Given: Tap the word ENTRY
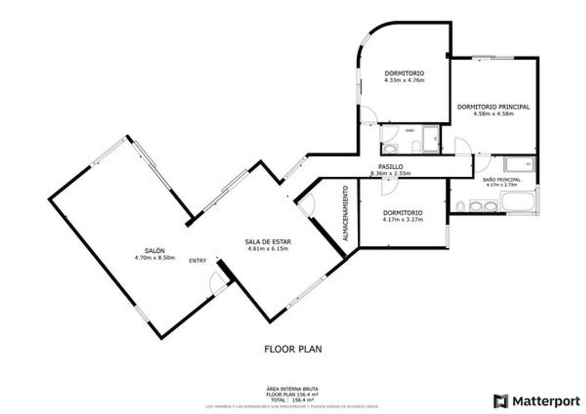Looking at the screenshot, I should point(197,261).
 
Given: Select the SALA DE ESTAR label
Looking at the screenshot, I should point(267,242).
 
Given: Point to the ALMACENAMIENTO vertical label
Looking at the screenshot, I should point(345,212).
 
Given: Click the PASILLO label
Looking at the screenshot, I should point(391,166).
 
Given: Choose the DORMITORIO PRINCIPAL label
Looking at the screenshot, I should point(493,106).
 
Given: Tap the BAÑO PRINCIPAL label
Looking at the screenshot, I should point(501,180).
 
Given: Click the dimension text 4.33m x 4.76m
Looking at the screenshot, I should point(404,80).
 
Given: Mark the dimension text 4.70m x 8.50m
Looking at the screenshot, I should point(155,258).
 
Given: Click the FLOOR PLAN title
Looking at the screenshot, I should point(293,348).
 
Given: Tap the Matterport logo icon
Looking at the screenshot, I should point(501,400).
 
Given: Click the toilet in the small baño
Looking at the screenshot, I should point(416,146).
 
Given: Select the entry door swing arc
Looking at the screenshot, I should point(217,282).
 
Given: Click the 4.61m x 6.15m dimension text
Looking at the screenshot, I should point(267,249).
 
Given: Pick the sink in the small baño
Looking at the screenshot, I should point(390,149).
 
